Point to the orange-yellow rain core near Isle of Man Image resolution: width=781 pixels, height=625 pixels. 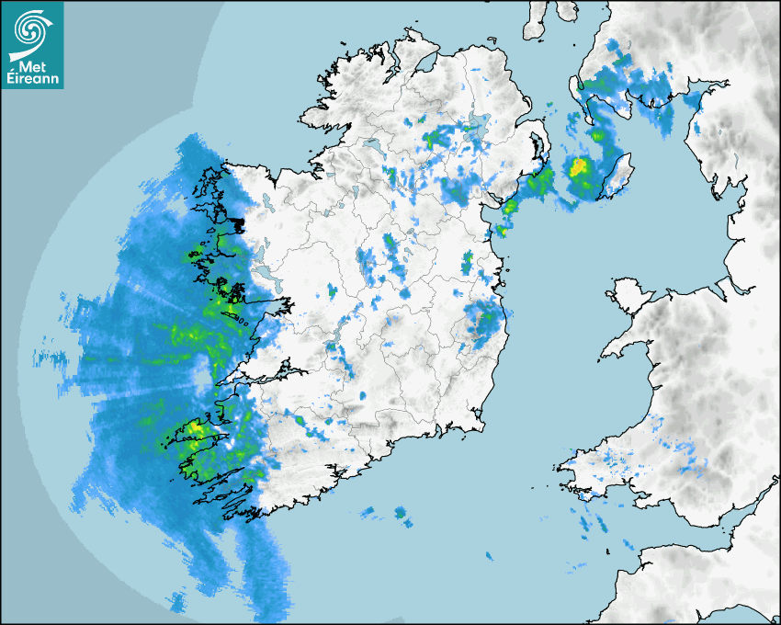click(x=579, y=168)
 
